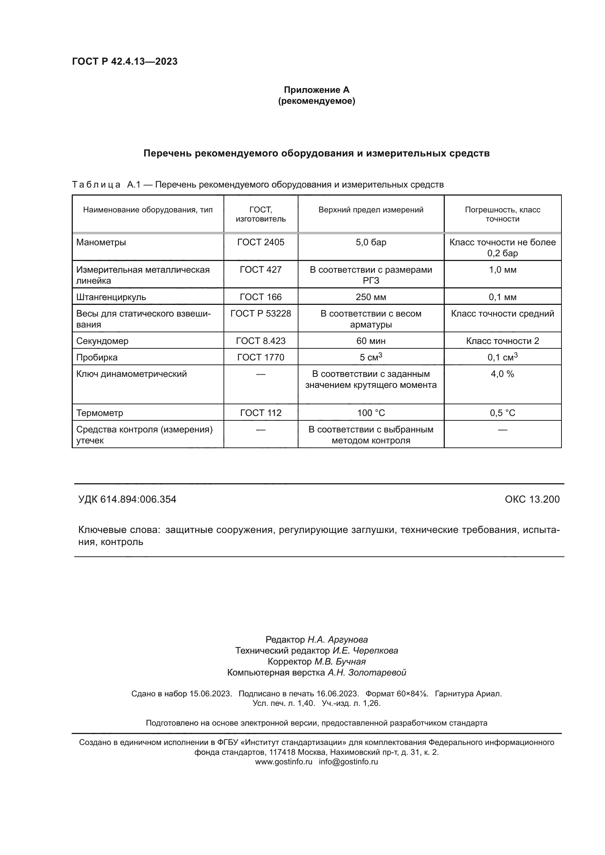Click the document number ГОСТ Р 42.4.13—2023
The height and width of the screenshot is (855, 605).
125,61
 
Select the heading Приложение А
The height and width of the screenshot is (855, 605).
316,90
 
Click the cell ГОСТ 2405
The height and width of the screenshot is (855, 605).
260,242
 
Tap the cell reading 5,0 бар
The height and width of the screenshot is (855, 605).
371,242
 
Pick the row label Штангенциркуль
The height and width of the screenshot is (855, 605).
111,297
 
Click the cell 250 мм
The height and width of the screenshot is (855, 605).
371,297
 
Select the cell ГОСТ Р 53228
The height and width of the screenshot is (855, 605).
260,314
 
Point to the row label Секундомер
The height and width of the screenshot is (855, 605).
102,341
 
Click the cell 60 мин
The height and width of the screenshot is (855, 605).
371,341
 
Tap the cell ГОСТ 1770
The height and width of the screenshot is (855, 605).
260,357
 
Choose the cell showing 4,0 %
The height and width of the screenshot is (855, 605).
502,374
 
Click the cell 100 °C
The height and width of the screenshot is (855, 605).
371,413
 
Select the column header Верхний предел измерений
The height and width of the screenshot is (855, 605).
371,210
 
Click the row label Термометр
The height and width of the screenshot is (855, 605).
99,413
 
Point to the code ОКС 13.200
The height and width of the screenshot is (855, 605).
532,499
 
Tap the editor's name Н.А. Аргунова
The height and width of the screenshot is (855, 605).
337,640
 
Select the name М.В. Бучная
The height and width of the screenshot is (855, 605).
340,662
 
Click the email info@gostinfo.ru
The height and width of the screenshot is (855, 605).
348,762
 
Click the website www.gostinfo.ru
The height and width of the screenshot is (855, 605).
283,762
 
